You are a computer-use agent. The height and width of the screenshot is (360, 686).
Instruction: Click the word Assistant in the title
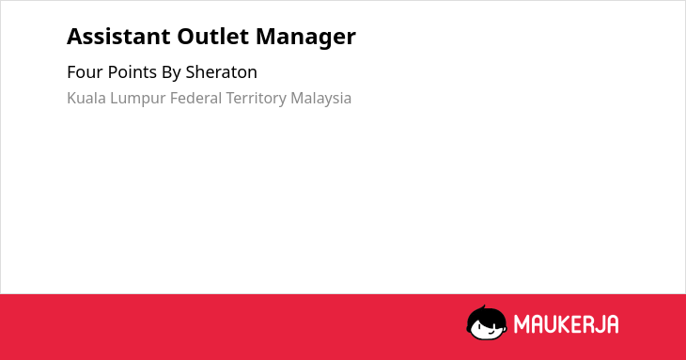(118, 37)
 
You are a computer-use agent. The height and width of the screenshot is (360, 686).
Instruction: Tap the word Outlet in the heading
(213, 37)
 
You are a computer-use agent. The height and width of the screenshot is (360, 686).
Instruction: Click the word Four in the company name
(85, 72)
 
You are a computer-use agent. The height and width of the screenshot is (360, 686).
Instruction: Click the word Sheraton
(222, 72)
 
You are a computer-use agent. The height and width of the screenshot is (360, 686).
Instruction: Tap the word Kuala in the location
(86, 98)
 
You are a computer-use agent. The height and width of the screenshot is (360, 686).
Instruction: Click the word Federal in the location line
(195, 98)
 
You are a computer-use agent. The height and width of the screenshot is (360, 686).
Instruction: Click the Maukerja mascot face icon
(487, 322)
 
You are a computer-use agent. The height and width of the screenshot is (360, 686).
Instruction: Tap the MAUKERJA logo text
(566, 324)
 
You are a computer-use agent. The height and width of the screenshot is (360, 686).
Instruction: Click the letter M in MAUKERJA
(521, 324)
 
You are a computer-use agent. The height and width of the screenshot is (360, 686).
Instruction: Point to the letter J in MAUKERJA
(599, 324)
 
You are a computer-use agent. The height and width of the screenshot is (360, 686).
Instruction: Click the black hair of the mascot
(485, 314)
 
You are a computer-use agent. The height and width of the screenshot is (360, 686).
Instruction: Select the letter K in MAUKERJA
(563, 324)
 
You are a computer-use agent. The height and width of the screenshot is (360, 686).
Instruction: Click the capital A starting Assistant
(74, 37)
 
